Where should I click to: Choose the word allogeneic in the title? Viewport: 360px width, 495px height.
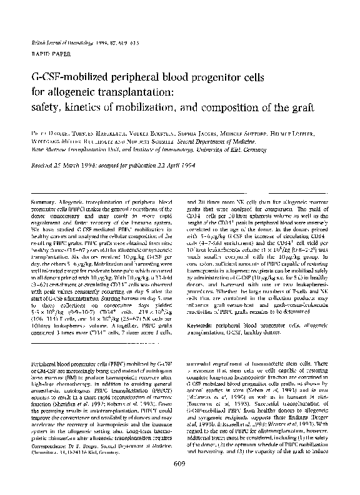pos(62,93)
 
